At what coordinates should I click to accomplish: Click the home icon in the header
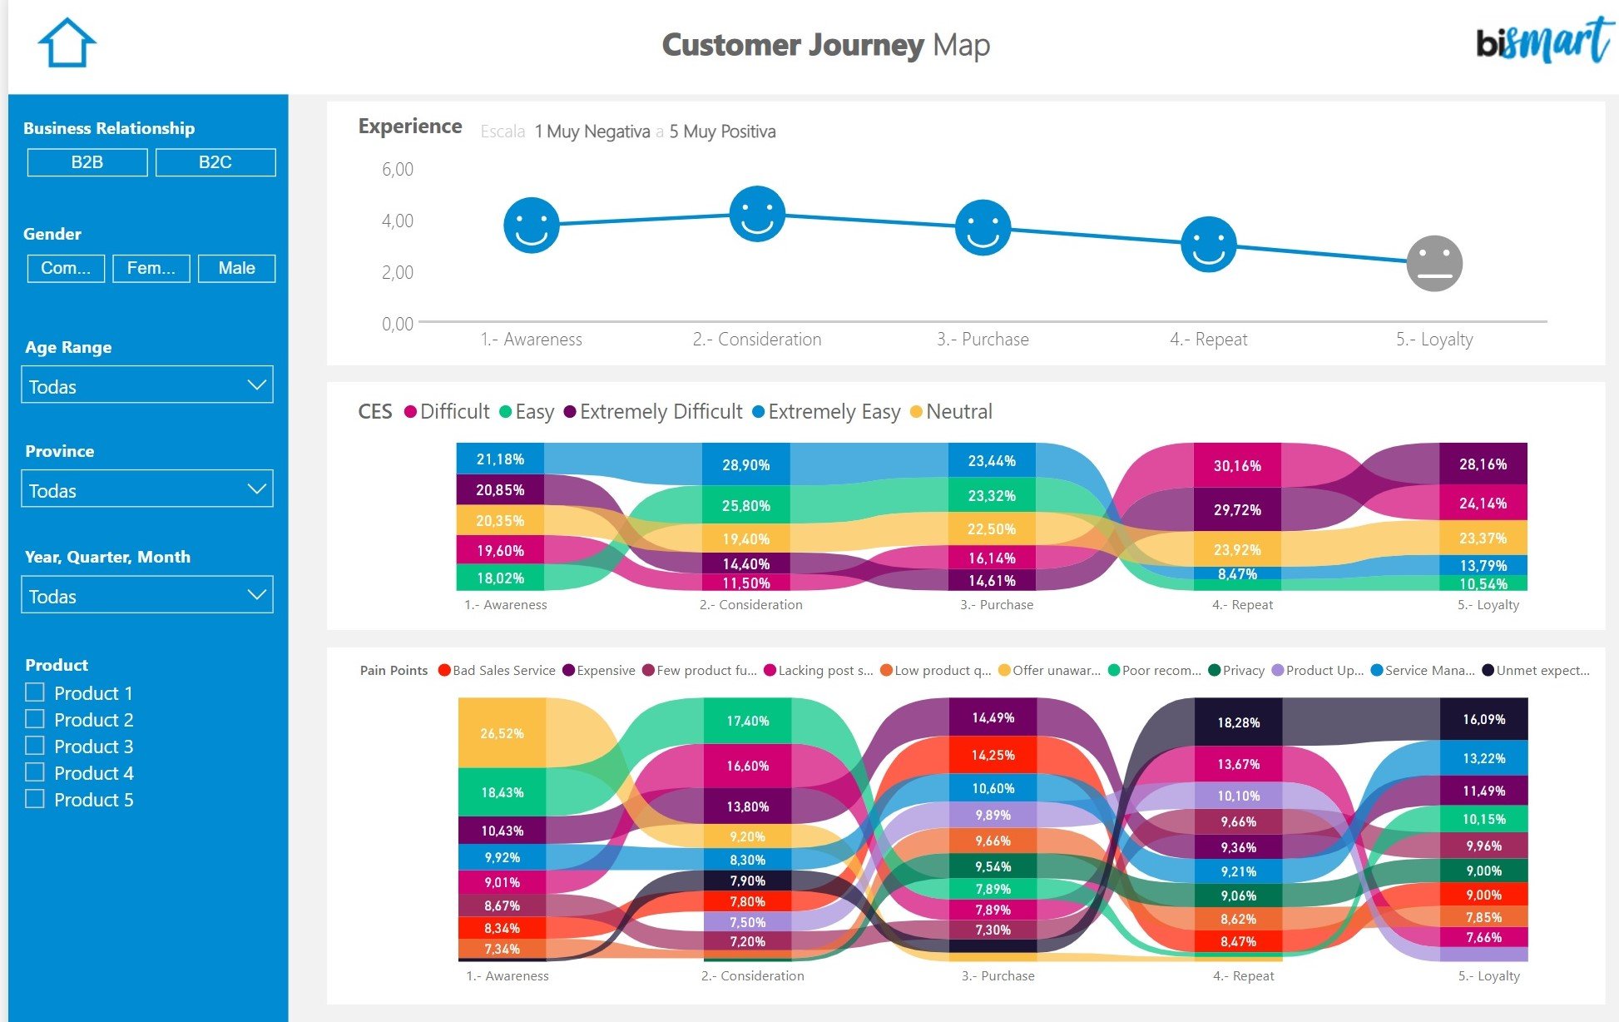click(x=67, y=43)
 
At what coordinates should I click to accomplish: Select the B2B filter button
click(x=87, y=162)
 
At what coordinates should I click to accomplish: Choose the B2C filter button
click(x=215, y=162)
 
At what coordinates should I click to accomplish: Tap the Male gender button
click(x=236, y=268)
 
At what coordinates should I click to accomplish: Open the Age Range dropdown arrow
click(x=256, y=385)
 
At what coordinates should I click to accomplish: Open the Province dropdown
click(x=147, y=490)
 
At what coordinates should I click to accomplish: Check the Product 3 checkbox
click(x=35, y=746)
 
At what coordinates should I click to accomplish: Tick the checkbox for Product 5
click(x=35, y=799)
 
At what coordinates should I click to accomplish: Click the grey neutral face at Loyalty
click(x=1433, y=264)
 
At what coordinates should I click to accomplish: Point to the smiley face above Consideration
click(x=757, y=214)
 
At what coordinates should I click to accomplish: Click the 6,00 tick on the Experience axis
click(x=398, y=170)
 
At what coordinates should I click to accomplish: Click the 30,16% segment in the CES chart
click(x=1237, y=465)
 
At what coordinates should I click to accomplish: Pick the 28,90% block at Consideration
click(x=745, y=464)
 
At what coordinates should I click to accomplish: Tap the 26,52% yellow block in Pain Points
click(x=502, y=733)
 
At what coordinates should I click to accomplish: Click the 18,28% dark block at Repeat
click(x=1238, y=722)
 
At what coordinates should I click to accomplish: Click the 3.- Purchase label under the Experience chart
click(x=983, y=340)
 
